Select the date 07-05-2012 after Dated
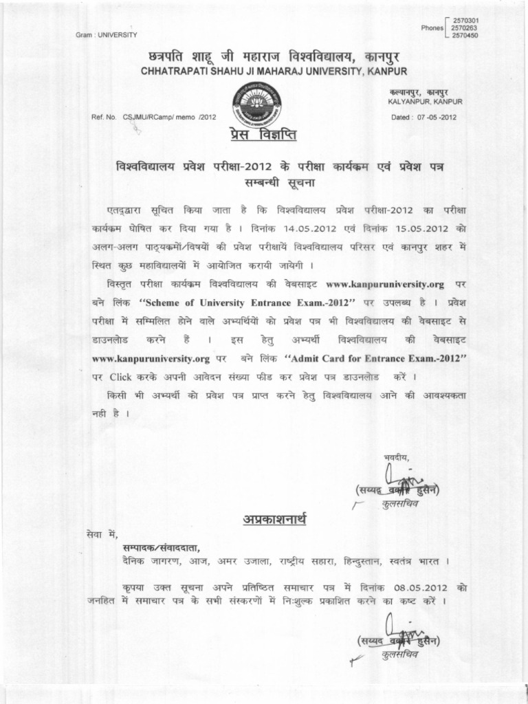[437, 117]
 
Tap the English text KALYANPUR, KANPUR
[426, 102]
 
